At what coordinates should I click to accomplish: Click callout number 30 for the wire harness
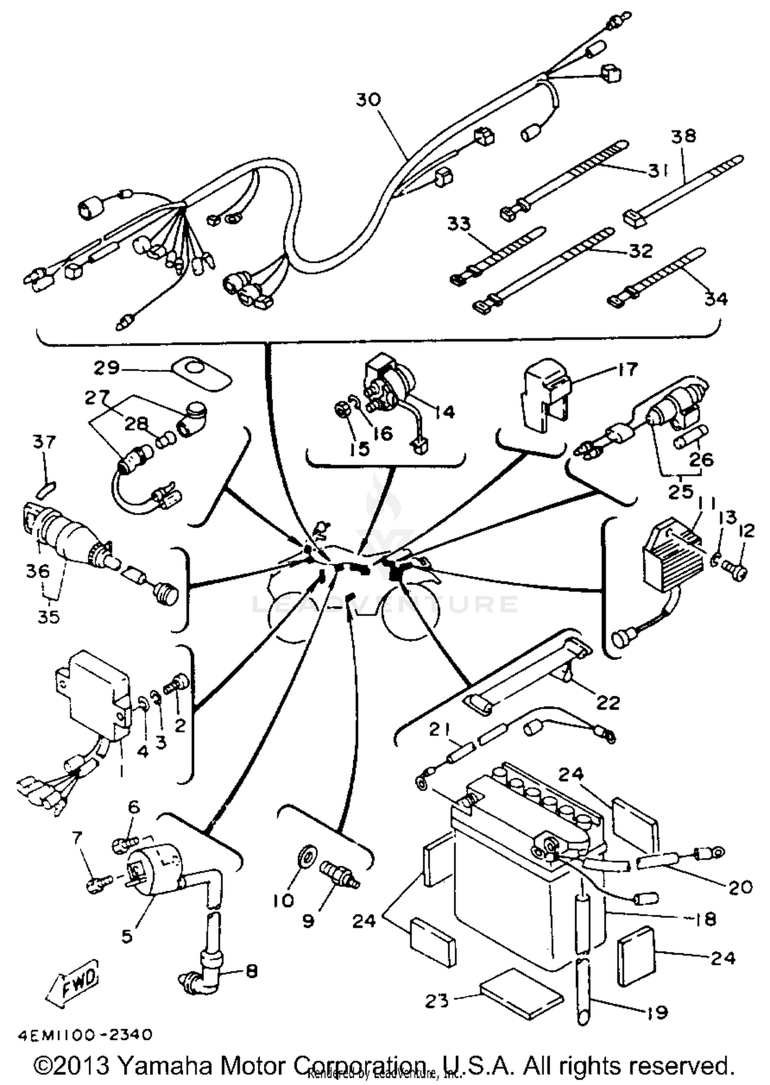369,99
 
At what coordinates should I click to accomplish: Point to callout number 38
683,136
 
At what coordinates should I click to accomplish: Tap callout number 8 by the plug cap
251,971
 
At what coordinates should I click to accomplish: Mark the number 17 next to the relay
628,369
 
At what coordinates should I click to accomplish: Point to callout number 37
44,442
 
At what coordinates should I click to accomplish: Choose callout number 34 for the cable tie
716,299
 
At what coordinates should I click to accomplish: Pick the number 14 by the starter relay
445,411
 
